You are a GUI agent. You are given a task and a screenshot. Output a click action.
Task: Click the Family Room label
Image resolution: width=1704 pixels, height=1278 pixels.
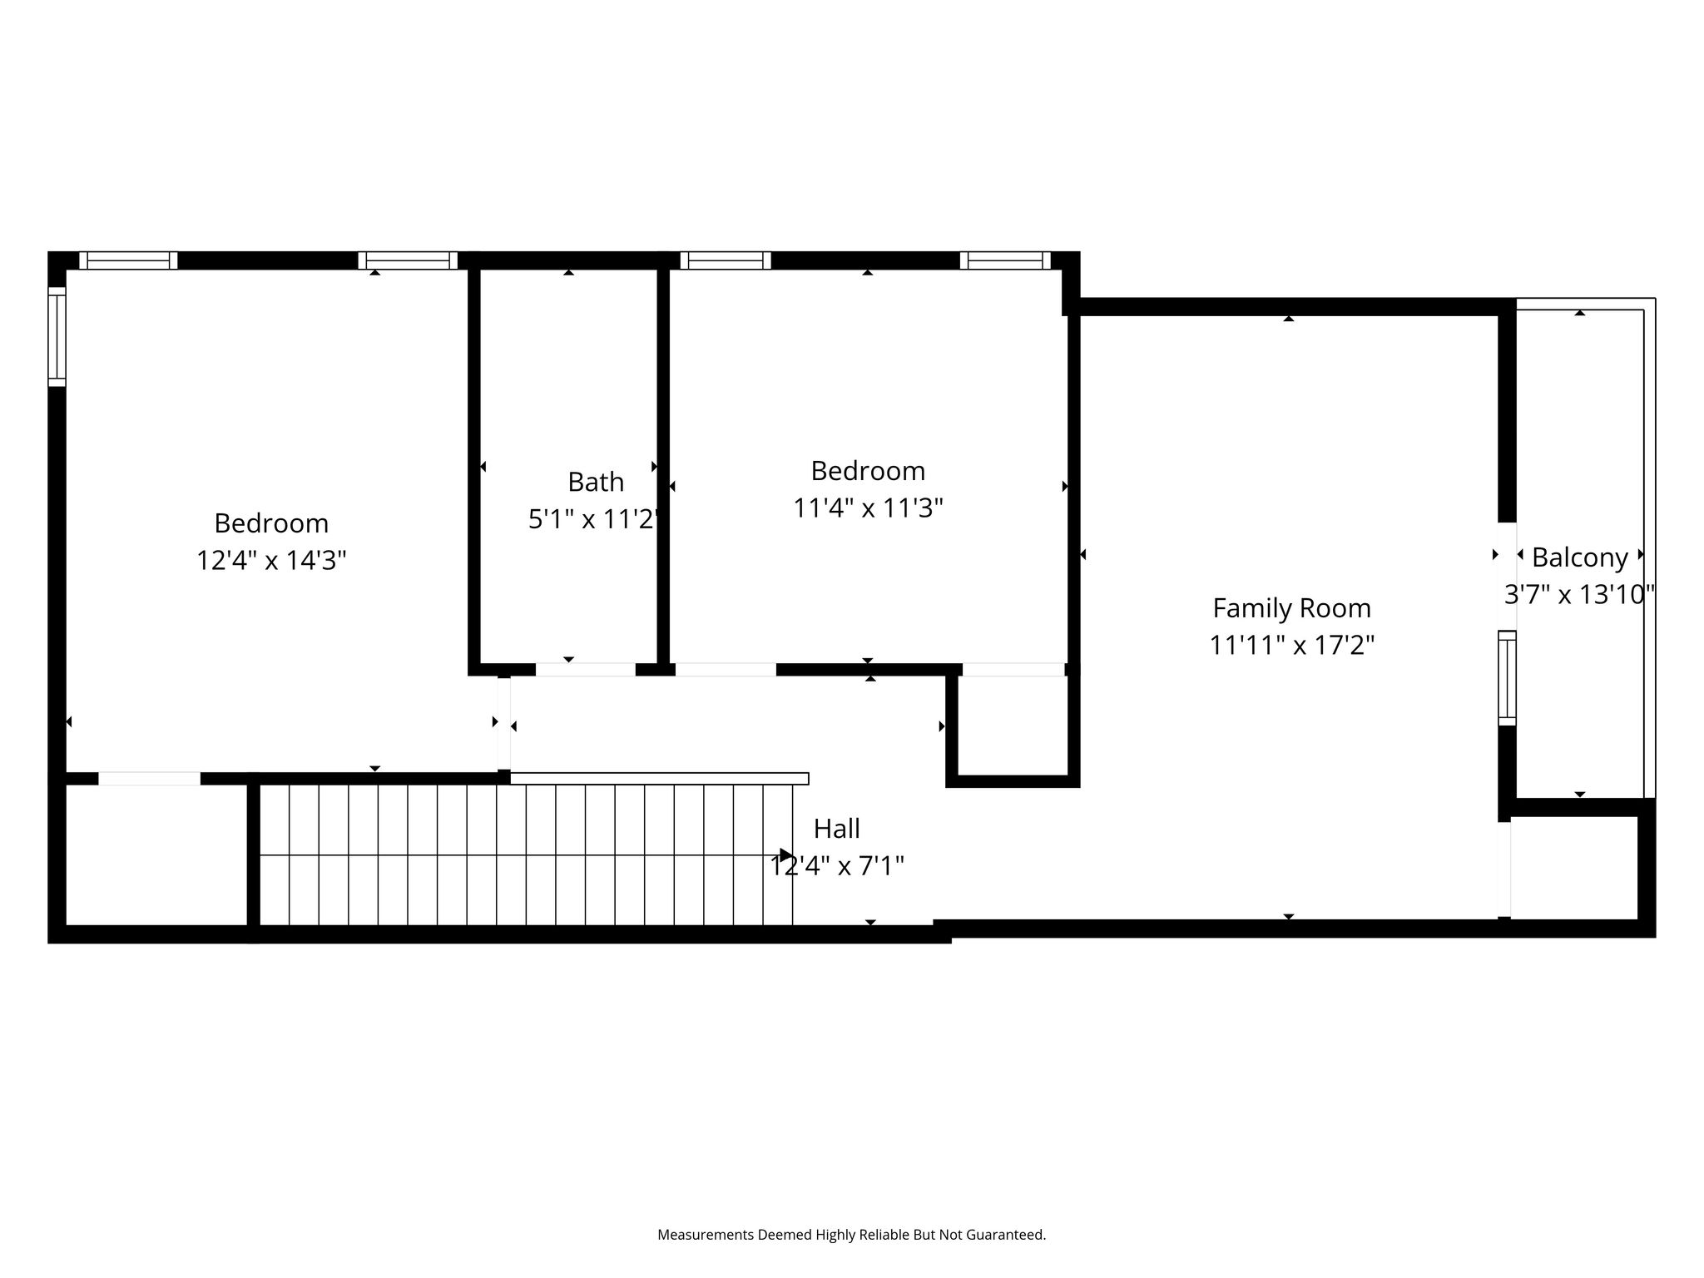click(x=1291, y=608)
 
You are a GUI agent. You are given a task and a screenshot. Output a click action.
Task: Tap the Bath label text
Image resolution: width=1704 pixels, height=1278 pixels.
click(x=596, y=482)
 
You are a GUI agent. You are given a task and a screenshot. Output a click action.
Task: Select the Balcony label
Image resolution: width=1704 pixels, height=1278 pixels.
click(x=1579, y=557)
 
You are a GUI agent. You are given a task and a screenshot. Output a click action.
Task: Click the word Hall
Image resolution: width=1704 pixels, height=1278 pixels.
click(x=836, y=829)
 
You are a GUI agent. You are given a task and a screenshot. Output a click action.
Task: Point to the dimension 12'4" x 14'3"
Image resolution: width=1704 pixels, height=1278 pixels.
click(x=271, y=560)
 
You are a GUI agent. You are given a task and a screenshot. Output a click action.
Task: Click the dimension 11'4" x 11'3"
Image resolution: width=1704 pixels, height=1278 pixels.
click(x=868, y=508)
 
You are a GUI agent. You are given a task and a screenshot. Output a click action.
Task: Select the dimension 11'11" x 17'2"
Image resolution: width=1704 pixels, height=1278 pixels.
click(x=1291, y=645)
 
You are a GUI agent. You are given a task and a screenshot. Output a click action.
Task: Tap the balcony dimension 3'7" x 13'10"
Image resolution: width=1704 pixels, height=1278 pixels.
click(x=1579, y=594)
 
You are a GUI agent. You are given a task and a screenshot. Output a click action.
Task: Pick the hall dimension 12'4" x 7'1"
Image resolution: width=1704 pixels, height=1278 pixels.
click(x=837, y=866)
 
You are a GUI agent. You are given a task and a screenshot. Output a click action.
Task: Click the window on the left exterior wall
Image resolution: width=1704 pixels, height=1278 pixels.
click(x=57, y=336)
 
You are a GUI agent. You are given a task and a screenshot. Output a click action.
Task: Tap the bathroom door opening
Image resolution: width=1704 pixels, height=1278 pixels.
click(x=586, y=669)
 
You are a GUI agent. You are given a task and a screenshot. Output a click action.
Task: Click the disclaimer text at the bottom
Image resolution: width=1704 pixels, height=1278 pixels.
click(x=851, y=1235)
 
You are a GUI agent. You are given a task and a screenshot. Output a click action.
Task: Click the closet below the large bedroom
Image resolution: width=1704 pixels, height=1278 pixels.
click(x=156, y=854)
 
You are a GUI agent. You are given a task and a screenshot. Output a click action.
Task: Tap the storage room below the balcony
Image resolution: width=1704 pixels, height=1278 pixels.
click(x=1574, y=867)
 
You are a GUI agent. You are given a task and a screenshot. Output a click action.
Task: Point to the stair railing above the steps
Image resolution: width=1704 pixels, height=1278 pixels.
click(x=659, y=779)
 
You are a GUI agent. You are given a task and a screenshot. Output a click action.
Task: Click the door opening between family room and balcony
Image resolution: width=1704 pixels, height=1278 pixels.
click(x=1507, y=576)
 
